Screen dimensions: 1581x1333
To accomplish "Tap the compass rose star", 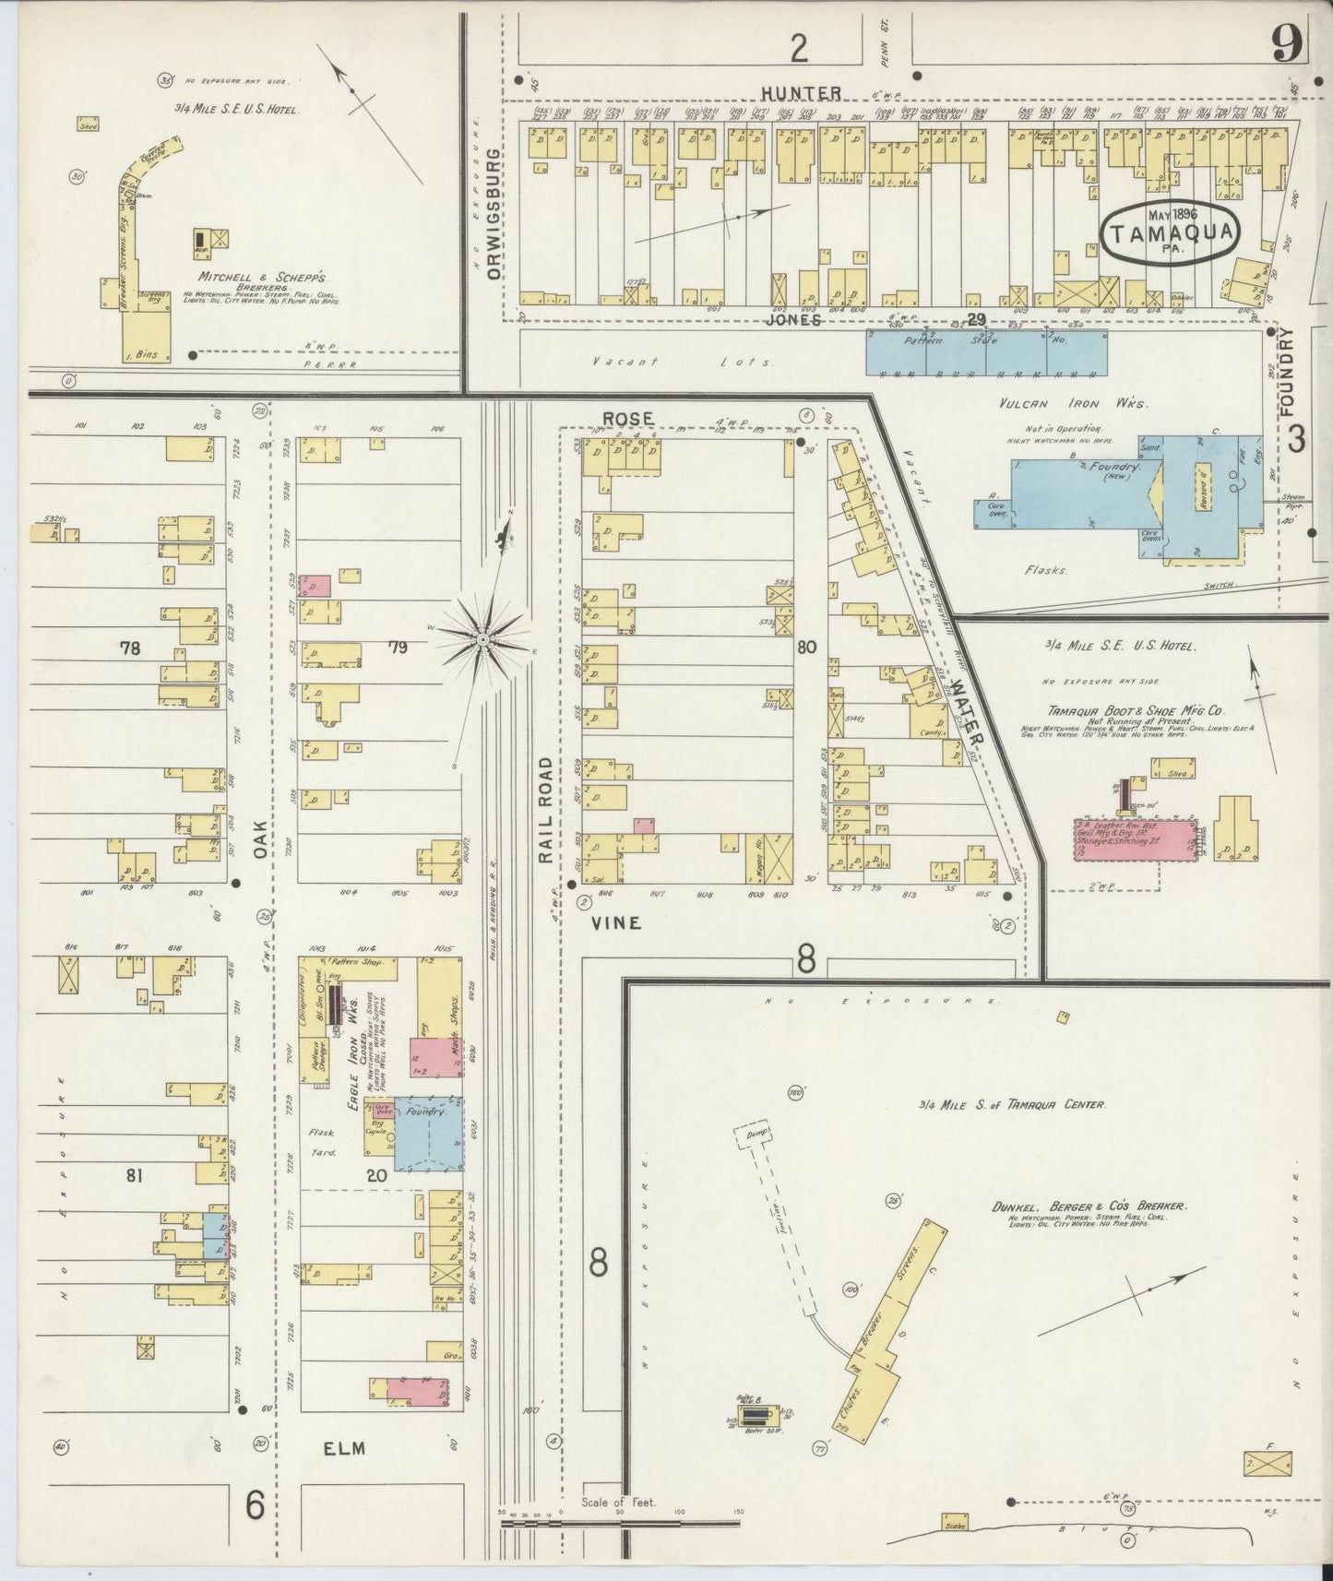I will (483, 638).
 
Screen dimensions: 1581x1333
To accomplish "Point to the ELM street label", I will (345, 1448).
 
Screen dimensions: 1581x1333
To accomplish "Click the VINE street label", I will (623, 922).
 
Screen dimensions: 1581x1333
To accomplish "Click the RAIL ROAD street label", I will (545, 810).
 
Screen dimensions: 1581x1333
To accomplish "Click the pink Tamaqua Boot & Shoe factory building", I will (1133, 838).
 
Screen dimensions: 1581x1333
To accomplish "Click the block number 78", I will (129, 648).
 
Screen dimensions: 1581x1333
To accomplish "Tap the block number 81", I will (136, 1175).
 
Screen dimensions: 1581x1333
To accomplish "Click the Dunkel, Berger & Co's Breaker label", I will (1089, 1205).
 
